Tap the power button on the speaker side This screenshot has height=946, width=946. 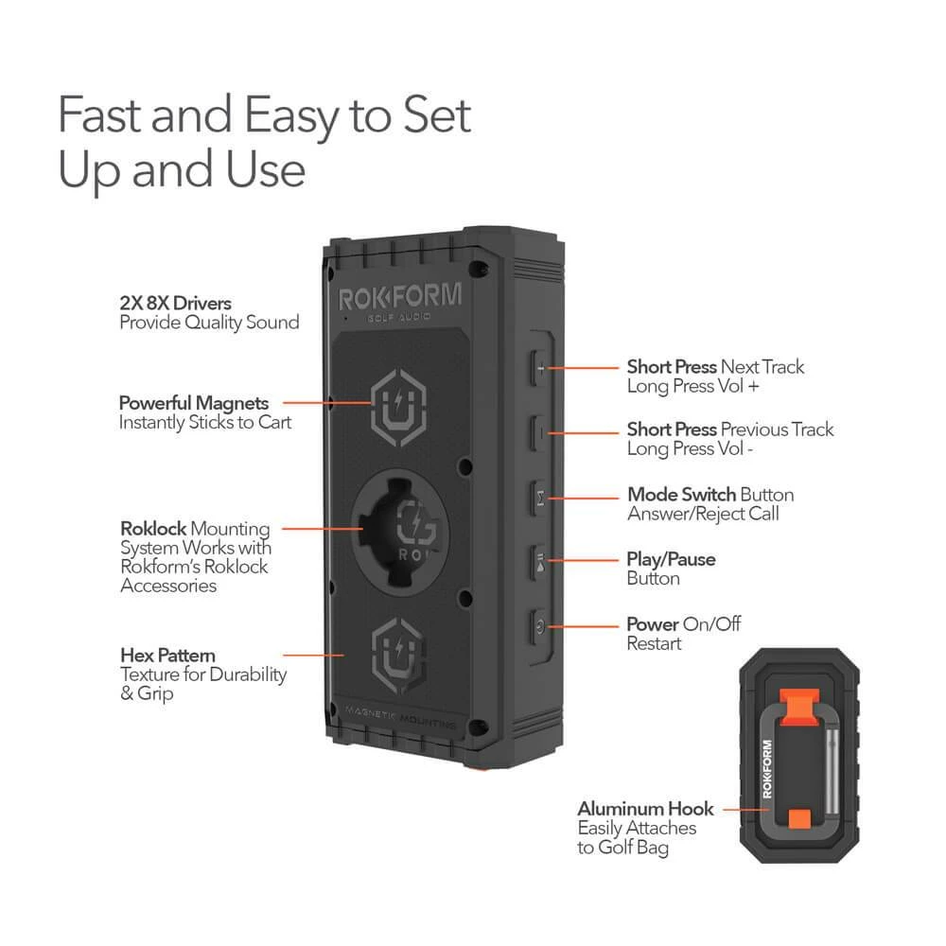(x=539, y=624)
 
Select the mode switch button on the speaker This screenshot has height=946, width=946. (x=539, y=496)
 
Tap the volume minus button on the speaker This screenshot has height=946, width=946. (x=539, y=431)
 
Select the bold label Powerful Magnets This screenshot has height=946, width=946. (x=194, y=402)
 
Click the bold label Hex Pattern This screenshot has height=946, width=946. (x=167, y=655)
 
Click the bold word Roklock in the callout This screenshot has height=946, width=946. (x=151, y=529)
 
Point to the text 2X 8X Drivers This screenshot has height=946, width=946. (x=175, y=304)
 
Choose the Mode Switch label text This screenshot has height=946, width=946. (x=681, y=495)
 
